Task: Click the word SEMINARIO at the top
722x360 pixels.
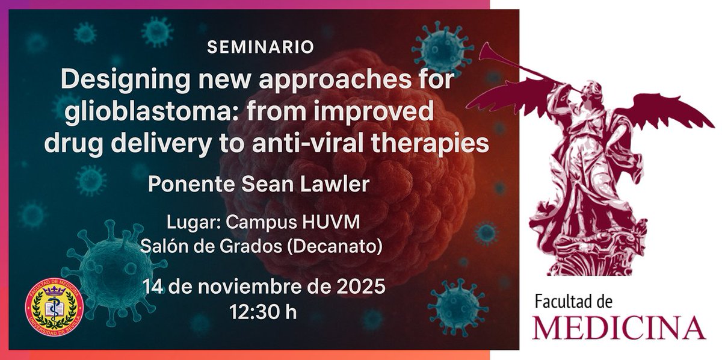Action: (260, 48)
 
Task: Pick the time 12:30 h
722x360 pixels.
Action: (263, 311)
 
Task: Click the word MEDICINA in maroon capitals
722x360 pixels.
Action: (619, 327)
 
